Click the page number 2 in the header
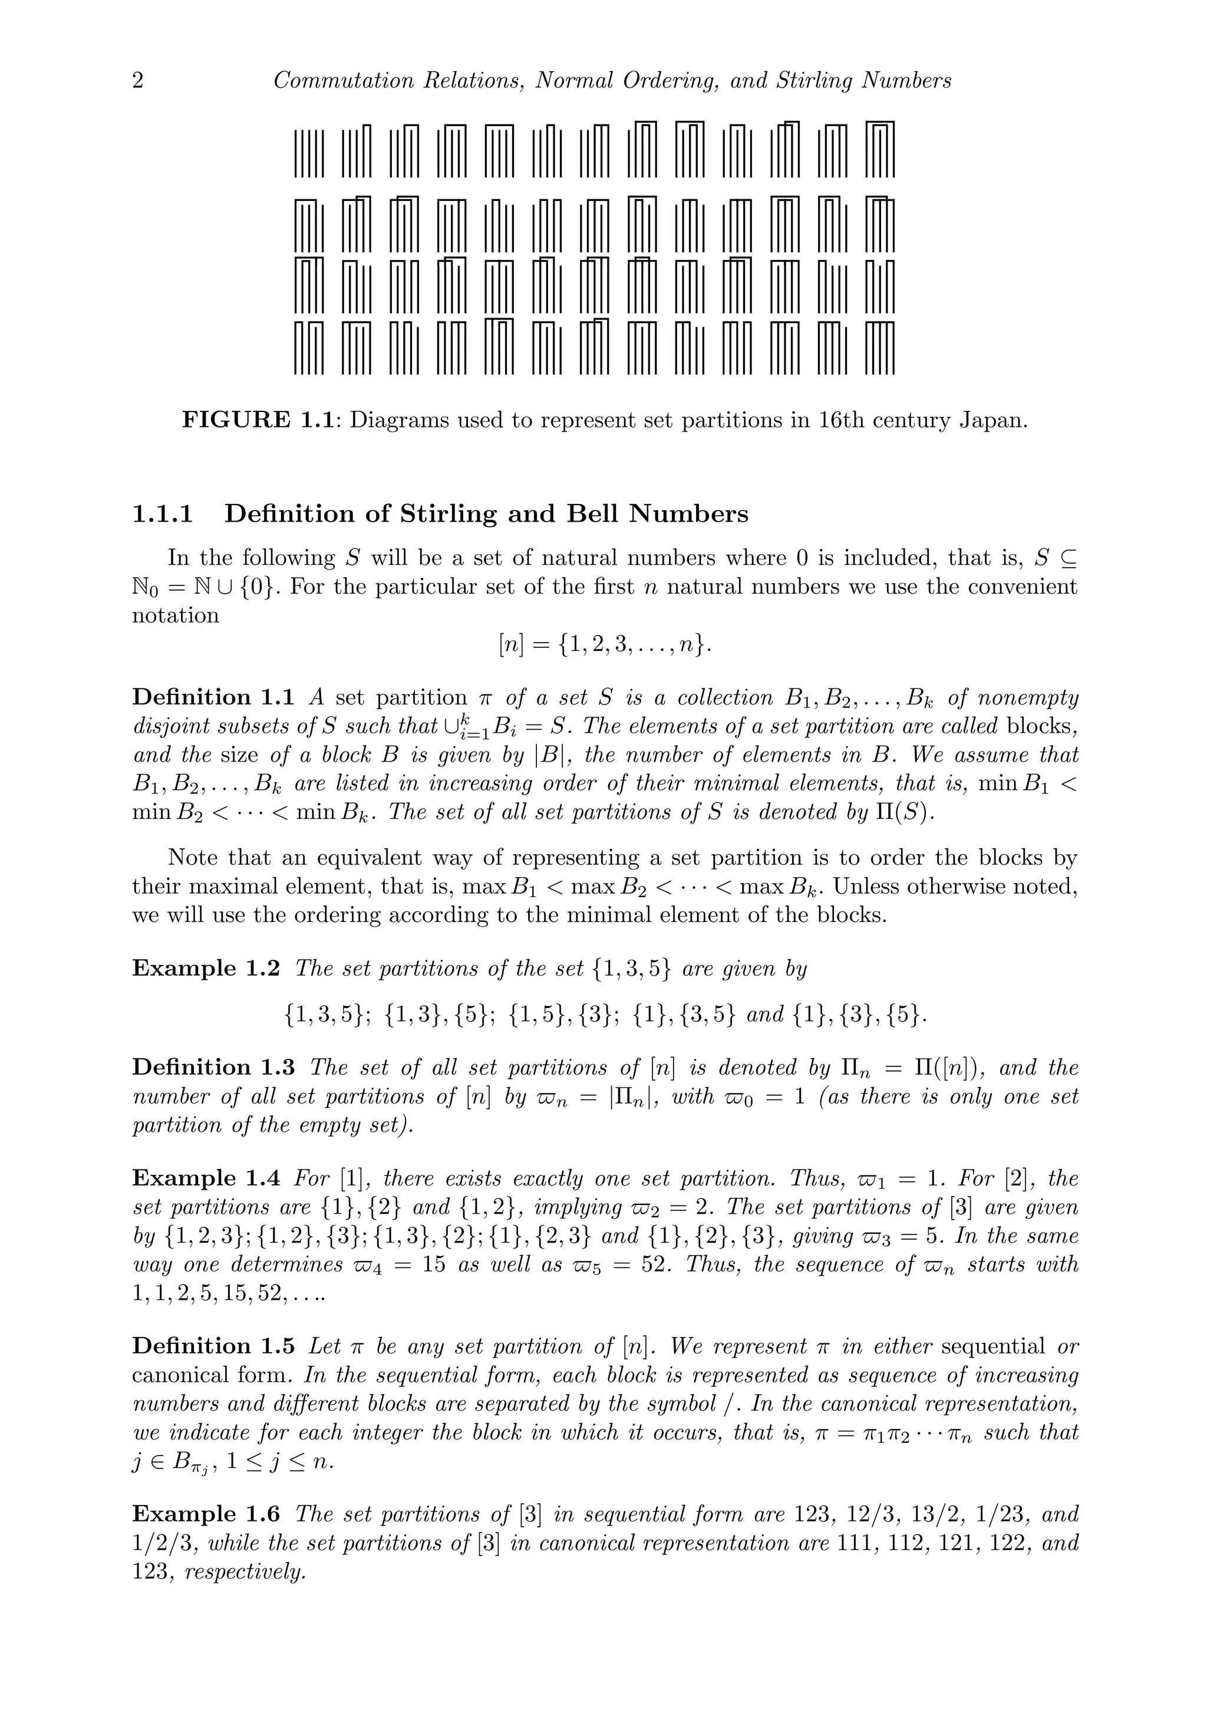pos(137,80)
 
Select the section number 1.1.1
pos(162,514)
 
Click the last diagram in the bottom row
pos(880,347)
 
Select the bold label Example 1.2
pos(206,969)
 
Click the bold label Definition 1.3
pos(213,1068)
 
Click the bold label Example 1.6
pos(206,1514)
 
